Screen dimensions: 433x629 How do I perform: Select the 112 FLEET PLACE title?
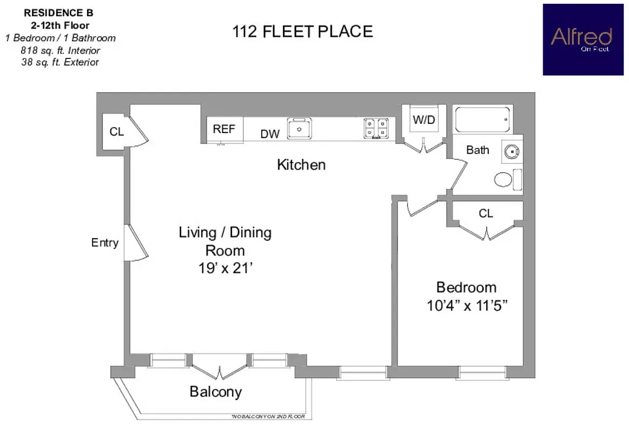coord(302,32)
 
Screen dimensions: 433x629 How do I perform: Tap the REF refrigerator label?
coord(224,129)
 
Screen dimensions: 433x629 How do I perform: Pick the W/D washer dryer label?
coord(423,120)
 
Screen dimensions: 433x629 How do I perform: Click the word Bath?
coord(477,150)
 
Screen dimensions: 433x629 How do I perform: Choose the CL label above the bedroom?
coord(486,214)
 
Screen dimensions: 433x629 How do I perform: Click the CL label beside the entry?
coord(116,132)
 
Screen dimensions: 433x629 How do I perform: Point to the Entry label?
coord(104,242)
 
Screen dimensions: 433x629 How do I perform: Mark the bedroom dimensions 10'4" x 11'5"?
coord(466,306)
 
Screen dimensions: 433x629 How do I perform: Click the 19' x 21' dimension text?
coord(225,268)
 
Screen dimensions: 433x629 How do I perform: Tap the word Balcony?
coord(215,392)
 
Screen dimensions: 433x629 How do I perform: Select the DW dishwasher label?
coord(270,134)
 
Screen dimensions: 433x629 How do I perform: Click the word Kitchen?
coord(301,165)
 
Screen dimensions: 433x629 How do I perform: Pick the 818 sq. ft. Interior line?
coord(60,50)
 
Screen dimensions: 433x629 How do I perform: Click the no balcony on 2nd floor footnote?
coord(268,417)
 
